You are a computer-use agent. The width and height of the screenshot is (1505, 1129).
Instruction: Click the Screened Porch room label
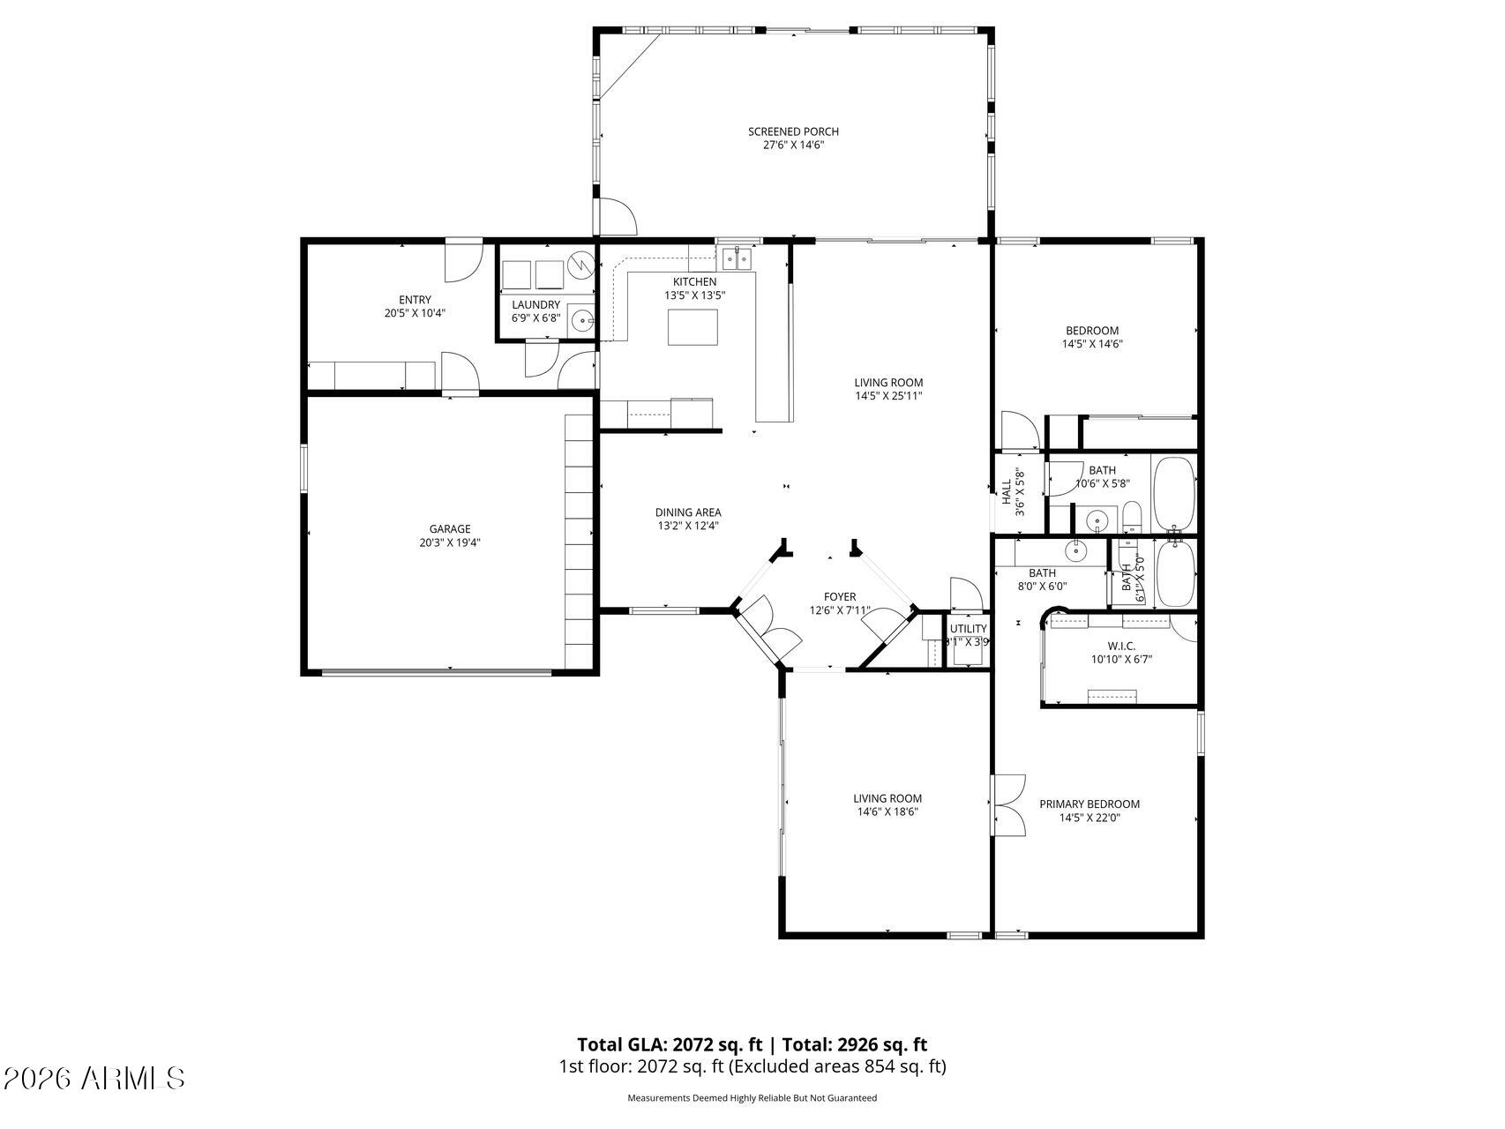793,131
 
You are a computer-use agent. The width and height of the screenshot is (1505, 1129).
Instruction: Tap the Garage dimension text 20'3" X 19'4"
450,542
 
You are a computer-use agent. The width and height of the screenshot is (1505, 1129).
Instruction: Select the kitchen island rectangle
693,327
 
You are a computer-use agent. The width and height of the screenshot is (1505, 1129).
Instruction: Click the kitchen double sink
737,258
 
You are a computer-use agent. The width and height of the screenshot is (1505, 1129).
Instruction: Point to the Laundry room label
536,304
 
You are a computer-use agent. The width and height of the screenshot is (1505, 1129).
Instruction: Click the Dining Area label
688,512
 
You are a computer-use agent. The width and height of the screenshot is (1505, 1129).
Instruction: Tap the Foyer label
840,596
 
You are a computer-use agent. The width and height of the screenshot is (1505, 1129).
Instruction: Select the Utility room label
968,628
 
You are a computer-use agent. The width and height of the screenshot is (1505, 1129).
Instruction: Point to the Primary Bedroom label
1089,804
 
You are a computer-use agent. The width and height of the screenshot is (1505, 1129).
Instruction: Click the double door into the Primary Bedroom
1009,804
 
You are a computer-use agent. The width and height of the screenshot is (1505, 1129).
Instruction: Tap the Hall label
1007,492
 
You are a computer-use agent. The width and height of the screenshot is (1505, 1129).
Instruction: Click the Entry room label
415,300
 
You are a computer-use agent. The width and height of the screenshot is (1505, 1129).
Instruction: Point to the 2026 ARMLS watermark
94,1078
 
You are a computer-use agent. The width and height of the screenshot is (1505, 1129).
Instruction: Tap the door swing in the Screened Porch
617,215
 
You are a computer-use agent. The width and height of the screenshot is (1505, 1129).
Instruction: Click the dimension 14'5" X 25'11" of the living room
888,396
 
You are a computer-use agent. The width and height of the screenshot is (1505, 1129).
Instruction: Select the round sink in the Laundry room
581,319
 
